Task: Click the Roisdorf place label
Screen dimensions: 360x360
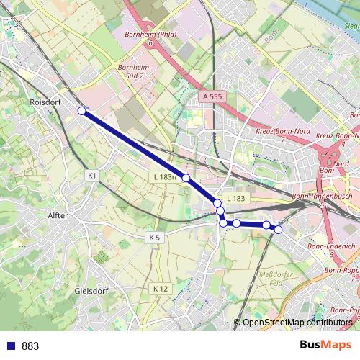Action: point(46,103)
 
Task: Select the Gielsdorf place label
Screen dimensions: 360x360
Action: point(91,292)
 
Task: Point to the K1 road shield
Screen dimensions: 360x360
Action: point(91,175)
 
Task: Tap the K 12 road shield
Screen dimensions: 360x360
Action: point(160,288)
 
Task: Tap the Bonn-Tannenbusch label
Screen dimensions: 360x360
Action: point(324,196)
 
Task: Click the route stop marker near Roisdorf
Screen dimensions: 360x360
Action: point(82,111)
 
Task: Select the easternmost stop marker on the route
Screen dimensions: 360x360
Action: point(278,230)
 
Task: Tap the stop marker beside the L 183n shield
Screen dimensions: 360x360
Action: point(186,178)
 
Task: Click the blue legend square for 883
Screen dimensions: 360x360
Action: point(9,346)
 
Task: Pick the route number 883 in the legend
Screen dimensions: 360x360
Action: point(30,346)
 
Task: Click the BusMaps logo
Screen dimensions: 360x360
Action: point(325,345)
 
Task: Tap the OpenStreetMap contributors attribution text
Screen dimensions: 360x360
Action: point(297,323)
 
